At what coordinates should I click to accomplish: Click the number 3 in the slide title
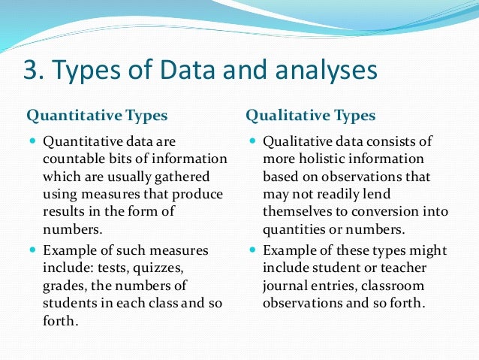31,71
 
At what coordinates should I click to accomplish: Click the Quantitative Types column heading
97,116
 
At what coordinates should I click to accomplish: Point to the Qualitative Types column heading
311,116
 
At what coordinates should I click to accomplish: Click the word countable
74,159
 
